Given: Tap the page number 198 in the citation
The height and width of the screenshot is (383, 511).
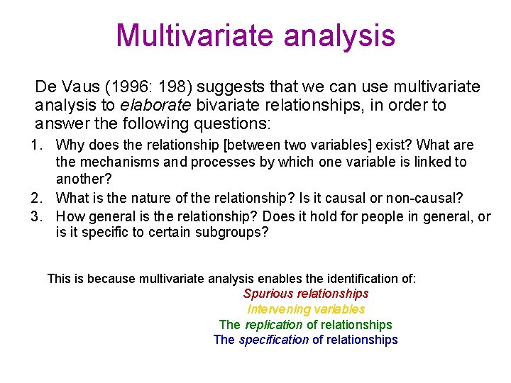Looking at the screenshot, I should coord(177,87).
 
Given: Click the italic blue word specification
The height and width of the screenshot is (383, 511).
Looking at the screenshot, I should coord(274,340).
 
